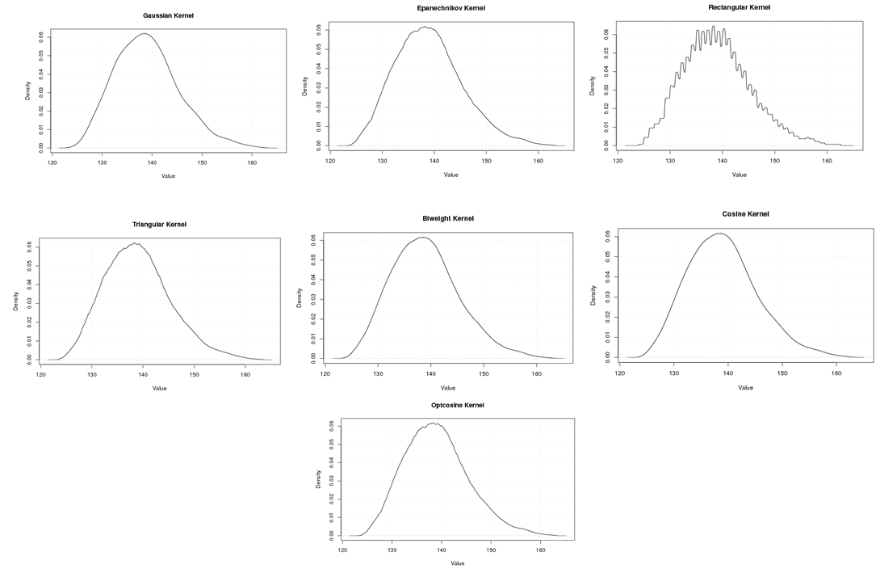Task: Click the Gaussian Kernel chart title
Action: coord(168,15)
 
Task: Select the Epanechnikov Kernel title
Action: coord(450,8)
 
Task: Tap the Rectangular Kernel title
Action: coord(739,7)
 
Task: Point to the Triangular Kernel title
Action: coord(159,224)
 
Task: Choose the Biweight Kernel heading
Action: coord(448,218)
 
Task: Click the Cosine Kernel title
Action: coord(745,214)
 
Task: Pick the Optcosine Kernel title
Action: coord(457,405)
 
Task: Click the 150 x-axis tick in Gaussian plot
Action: coord(202,162)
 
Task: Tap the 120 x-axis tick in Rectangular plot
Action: coord(618,161)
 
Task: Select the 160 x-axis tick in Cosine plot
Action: coord(836,374)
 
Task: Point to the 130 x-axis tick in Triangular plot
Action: coord(92,375)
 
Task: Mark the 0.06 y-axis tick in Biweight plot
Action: coord(313,240)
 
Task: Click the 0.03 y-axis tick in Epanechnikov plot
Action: coord(318,86)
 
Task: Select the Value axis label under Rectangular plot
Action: coord(739,175)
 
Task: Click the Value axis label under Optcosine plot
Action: coord(457,563)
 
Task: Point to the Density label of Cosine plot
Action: coord(593,294)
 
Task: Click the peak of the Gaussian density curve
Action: coord(145,33)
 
